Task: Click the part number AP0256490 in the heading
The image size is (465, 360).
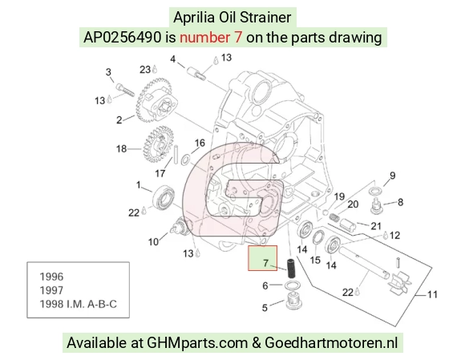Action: point(122,38)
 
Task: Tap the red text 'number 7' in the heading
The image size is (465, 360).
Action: point(211,38)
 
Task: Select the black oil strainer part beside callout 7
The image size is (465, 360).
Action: point(291,269)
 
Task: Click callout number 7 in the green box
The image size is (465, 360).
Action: point(265,263)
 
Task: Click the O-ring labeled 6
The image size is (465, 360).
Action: point(293,285)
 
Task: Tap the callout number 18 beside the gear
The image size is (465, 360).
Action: point(121,148)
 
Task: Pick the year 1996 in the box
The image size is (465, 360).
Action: point(51,277)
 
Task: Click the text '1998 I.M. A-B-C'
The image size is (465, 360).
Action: point(79,304)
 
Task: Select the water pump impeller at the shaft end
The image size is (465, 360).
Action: point(400,282)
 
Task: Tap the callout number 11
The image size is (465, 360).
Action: point(432,294)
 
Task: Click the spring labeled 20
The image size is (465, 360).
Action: point(334,218)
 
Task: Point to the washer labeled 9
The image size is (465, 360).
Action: point(375,192)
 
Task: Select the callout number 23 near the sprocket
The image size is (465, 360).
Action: point(145,70)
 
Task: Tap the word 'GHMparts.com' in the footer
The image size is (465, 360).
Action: point(197,343)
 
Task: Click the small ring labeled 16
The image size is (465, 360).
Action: point(184,160)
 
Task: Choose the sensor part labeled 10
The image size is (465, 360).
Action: point(180,226)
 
